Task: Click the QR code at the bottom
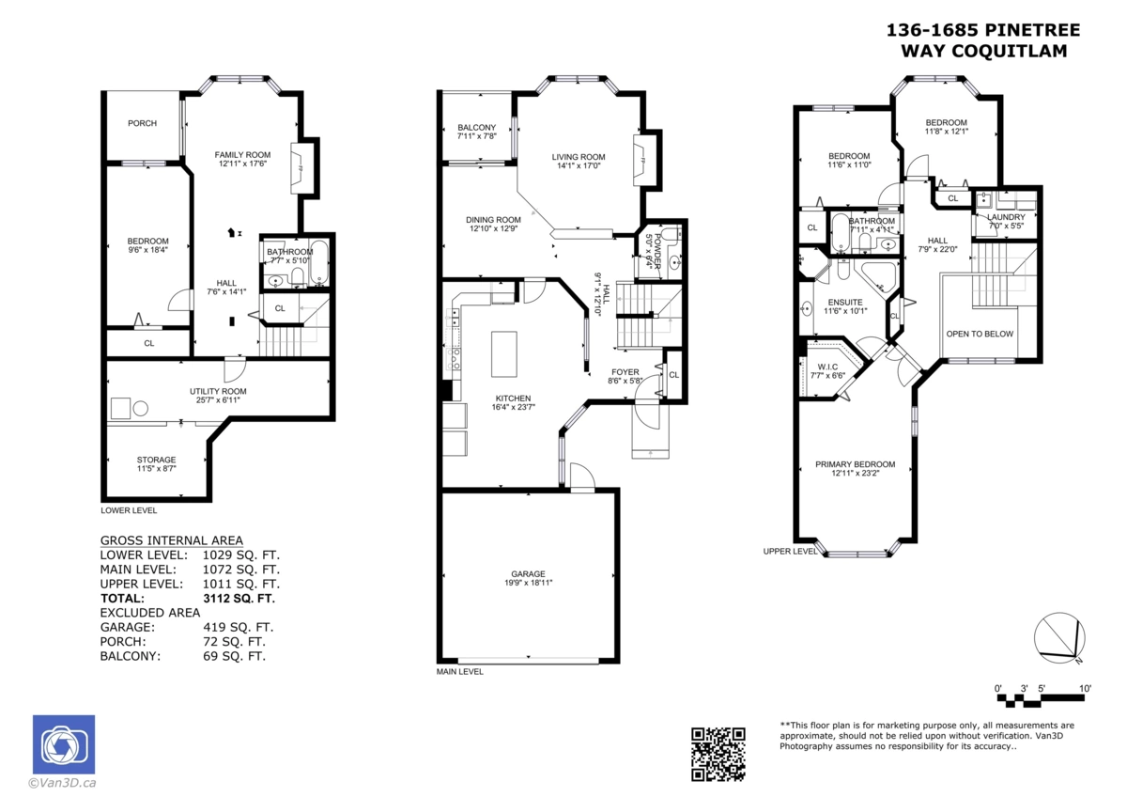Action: pyautogui.click(x=718, y=754)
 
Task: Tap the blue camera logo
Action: pyautogui.click(x=64, y=745)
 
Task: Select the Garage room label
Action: pyautogui.click(x=528, y=574)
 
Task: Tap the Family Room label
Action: pyautogui.click(x=242, y=155)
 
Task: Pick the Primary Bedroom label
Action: pyautogui.click(x=855, y=464)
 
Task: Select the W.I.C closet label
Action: pyautogui.click(x=827, y=367)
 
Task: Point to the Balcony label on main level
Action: pyautogui.click(x=476, y=128)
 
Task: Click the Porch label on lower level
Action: pyautogui.click(x=143, y=123)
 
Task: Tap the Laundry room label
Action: pyautogui.click(x=1006, y=217)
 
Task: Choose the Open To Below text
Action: pyautogui.click(x=980, y=334)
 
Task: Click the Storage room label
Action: pyautogui.click(x=156, y=460)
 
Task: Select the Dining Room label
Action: pyautogui.click(x=493, y=220)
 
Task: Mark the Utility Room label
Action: pyautogui.click(x=218, y=391)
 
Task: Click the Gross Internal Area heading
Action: pyautogui.click(x=172, y=540)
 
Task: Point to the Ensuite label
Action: pyautogui.click(x=844, y=303)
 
